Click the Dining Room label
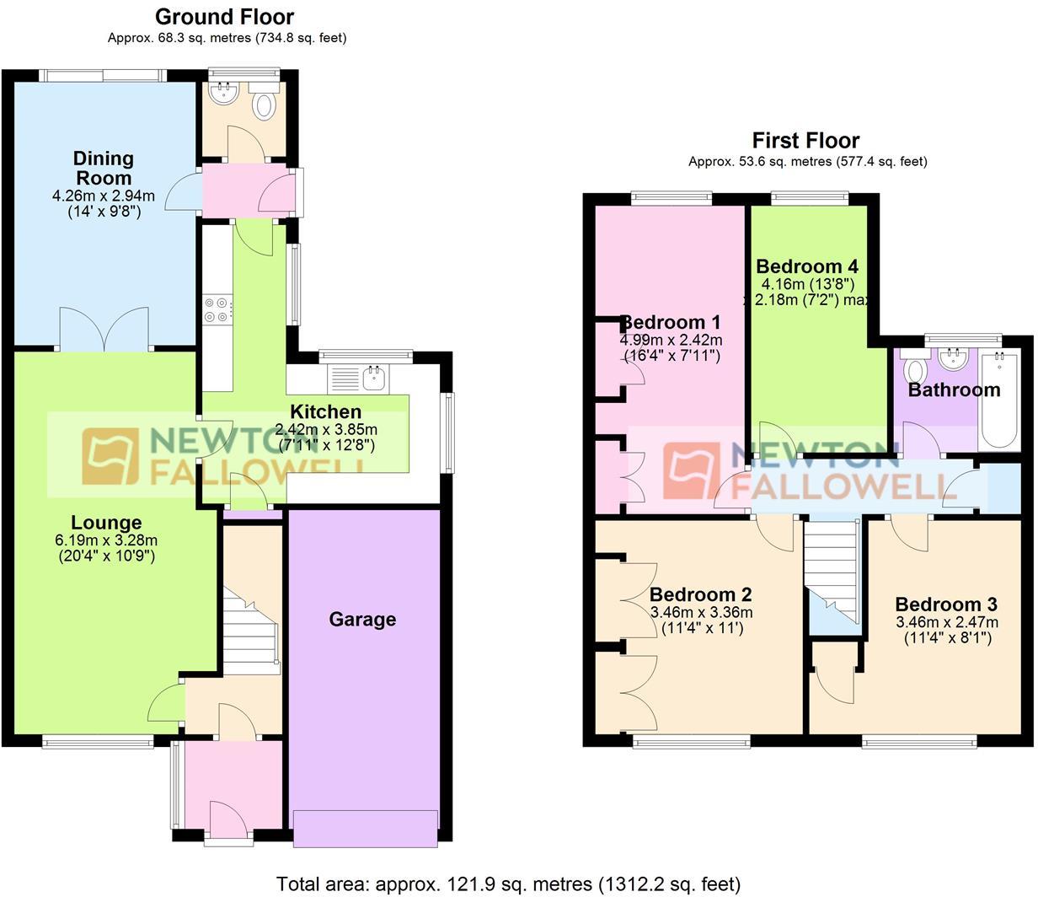coord(104,168)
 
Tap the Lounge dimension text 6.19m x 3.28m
coord(106,540)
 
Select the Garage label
coord(362,619)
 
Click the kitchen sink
coord(374,378)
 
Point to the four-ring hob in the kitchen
coord(217,309)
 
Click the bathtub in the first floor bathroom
coord(999,400)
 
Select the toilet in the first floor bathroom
coord(913,368)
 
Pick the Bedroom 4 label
coord(807,266)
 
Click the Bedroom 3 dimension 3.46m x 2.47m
coord(947,622)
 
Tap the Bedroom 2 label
coord(700,594)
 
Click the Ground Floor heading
coord(224,17)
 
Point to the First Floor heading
coord(805,140)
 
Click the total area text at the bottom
coord(508,884)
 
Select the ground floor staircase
coord(250,631)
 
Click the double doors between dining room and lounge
coord(104,330)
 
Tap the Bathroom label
coord(954,390)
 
